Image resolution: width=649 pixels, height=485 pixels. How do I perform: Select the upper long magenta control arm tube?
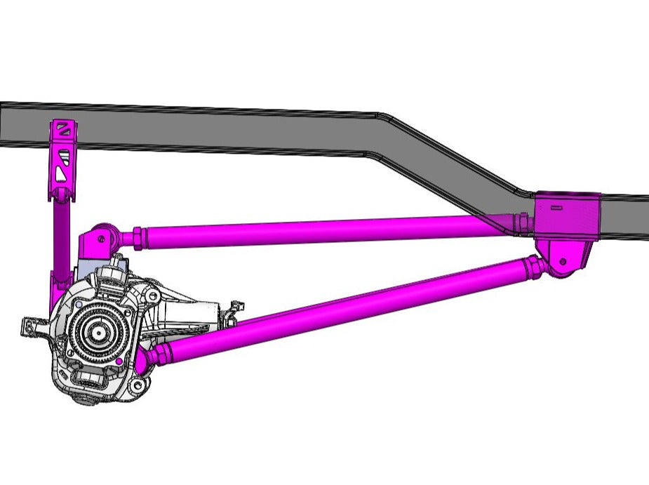pyautogui.click(x=316, y=230)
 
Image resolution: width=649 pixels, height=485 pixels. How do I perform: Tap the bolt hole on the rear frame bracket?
pyautogui.click(x=561, y=262)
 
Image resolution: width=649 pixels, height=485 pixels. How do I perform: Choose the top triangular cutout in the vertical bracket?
pyautogui.click(x=63, y=129)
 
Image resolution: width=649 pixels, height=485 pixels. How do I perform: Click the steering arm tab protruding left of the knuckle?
pyautogui.click(x=32, y=325)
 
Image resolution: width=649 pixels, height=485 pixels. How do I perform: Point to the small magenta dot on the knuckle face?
pyautogui.click(x=121, y=361)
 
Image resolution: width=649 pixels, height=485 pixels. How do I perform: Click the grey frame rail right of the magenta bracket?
pyautogui.click(x=624, y=214)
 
